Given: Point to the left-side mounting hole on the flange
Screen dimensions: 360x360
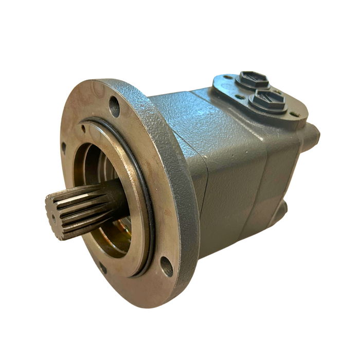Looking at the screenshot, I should pyautogui.click(x=63, y=148).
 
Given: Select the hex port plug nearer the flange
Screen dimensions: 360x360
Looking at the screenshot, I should pyautogui.click(x=267, y=99).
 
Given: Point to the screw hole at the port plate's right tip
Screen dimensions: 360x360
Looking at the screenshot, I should pyautogui.click(x=294, y=114).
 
